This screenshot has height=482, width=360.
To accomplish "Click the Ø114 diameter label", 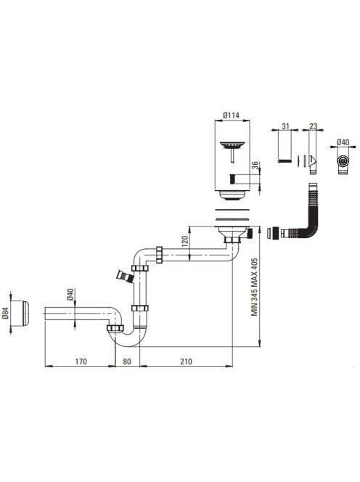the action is point(231,116).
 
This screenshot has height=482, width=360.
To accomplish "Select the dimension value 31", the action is point(285,126).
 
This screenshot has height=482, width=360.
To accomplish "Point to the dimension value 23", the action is point(313,126).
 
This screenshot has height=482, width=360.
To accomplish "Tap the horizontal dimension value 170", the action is point(81,361).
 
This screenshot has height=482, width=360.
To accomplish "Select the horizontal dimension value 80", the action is point(127,361).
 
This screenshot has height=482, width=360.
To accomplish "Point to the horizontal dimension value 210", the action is point(186,361).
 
